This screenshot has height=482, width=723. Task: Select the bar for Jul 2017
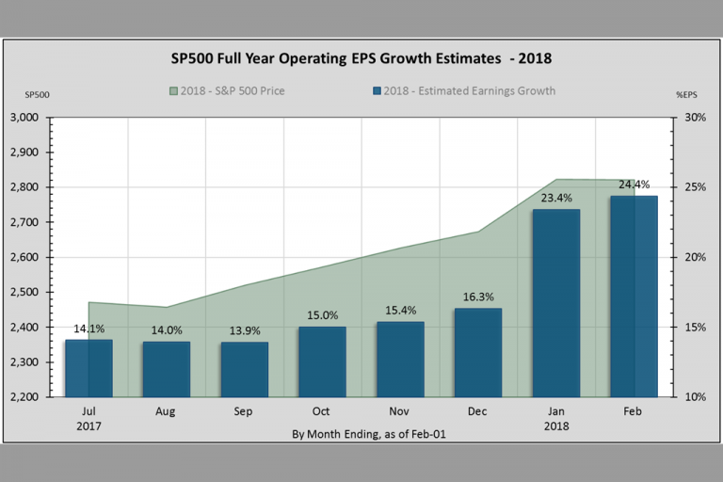click(88, 368)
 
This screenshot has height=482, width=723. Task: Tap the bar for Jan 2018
click(555, 302)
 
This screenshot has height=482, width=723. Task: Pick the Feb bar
click(634, 296)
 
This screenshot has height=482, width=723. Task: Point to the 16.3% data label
click(478, 297)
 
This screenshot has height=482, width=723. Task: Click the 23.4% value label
click(555, 198)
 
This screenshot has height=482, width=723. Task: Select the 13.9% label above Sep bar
click(245, 330)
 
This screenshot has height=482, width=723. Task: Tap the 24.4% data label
click(634, 185)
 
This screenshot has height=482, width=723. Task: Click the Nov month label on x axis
click(400, 412)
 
